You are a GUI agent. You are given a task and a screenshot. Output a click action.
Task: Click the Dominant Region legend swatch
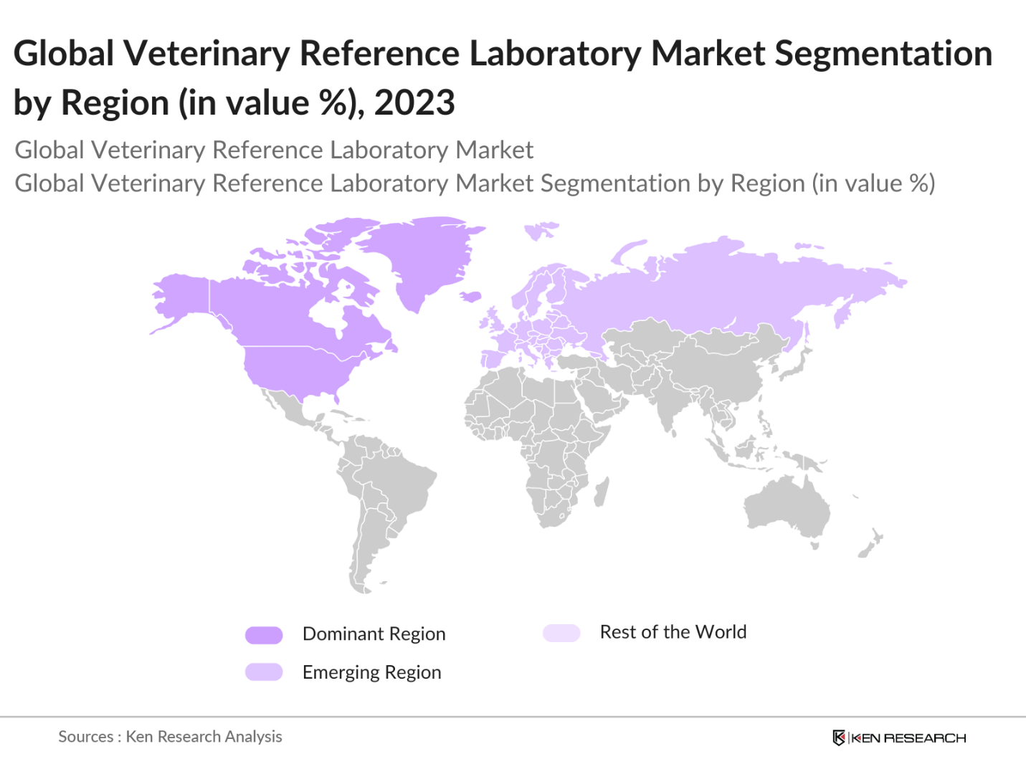click(x=264, y=635)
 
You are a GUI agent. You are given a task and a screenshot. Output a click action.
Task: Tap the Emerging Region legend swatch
click(x=264, y=672)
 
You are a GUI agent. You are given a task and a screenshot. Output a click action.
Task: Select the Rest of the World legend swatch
click(x=561, y=633)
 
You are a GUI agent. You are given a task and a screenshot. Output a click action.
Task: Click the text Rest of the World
click(x=673, y=632)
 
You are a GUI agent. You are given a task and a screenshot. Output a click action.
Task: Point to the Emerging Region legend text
click(x=371, y=672)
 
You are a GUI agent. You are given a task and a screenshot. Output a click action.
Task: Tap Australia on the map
click(x=785, y=505)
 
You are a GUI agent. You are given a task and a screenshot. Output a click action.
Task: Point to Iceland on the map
click(x=470, y=296)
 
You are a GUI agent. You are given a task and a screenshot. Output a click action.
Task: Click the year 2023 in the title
click(x=414, y=102)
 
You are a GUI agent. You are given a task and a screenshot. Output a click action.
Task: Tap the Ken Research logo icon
click(x=838, y=737)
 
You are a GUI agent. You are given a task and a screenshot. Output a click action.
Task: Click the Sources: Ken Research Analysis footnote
click(x=170, y=737)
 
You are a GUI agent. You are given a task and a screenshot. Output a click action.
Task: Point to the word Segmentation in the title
click(x=883, y=54)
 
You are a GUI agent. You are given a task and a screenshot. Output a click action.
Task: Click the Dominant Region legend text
click(x=374, y=634)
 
